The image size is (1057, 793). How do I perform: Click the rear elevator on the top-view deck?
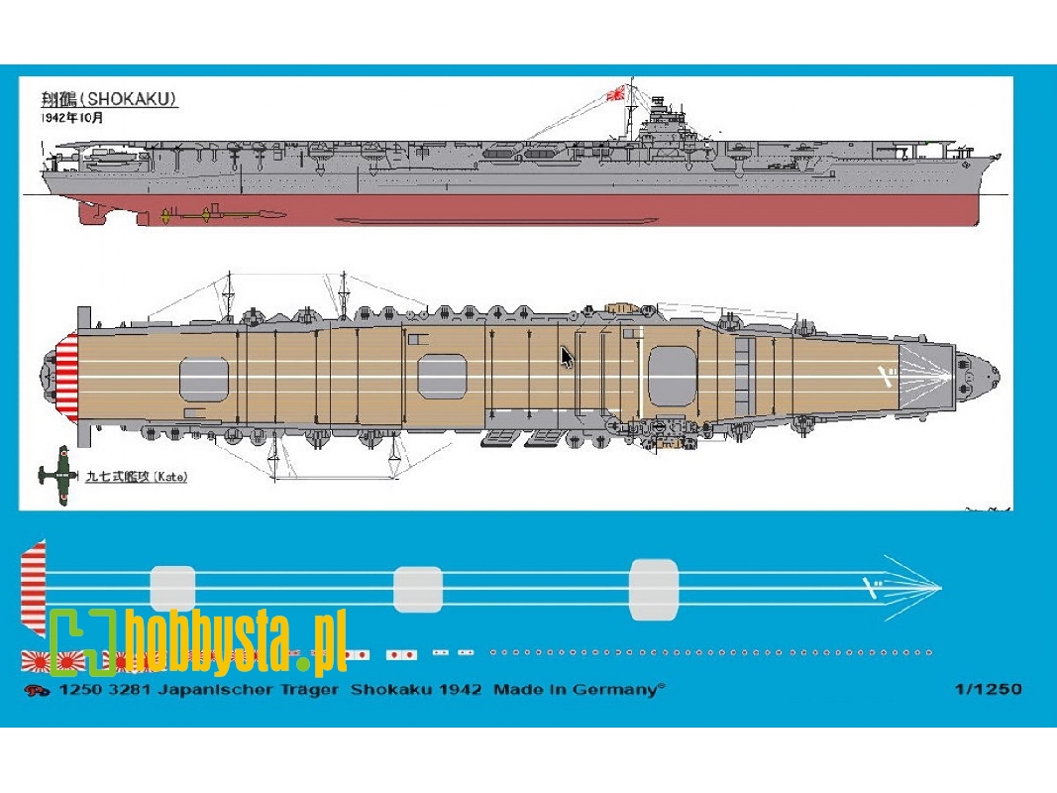(x=203, y=382)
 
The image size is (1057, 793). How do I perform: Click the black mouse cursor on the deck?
(x=567, y=357)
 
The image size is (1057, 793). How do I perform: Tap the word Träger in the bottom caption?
(x=309, y=689)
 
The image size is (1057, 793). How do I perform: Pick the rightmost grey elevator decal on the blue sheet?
(x=654, y=590)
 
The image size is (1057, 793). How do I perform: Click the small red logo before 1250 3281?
(x=39, y=691)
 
